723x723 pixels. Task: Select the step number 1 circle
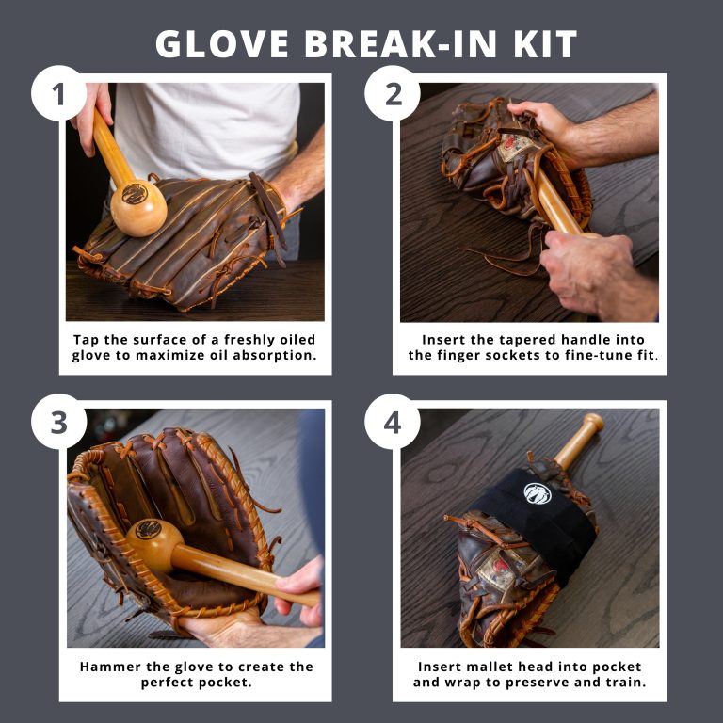click(59, 93)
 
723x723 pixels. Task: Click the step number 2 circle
click(393, 93)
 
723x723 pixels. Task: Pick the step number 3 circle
click(59, 422)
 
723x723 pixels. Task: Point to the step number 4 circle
click(393, 422)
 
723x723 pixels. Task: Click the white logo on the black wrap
click(537, 491)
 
